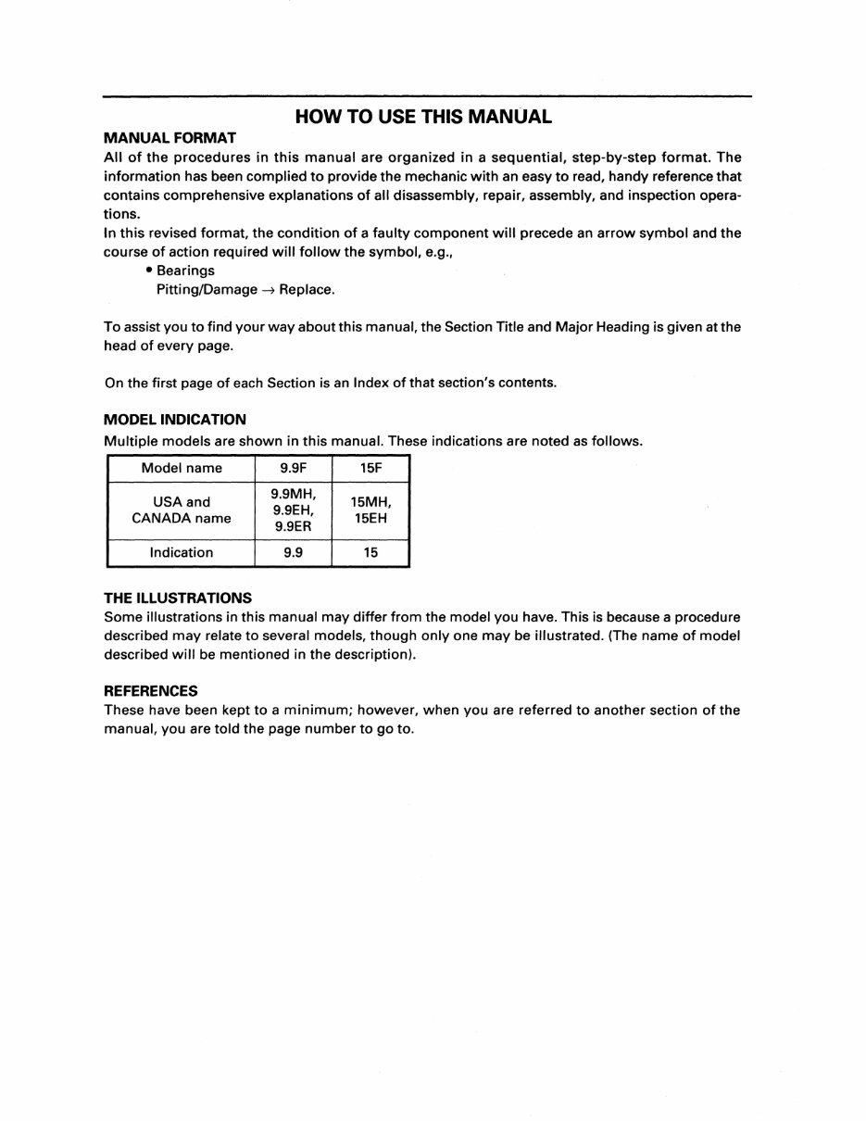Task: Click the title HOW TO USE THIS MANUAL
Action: point(422,117)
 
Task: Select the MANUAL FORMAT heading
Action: point(169,137)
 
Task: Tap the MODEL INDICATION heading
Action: point(174,419)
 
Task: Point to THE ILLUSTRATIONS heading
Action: point(177,598)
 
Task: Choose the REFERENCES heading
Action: point(150,690)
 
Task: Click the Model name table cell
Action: point(182,468)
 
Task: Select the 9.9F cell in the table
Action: point(293,468)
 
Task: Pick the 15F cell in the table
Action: point(370,468)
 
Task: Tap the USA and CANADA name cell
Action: point(182,510)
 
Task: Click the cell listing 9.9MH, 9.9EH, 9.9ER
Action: point(293,510)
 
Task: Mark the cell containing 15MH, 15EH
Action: point(370,510)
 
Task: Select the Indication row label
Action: point(182,552)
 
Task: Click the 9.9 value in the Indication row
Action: point(293,552)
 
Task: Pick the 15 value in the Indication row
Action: point(370,552)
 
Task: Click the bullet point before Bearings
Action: point(148,271)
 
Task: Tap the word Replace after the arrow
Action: point(307,289)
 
